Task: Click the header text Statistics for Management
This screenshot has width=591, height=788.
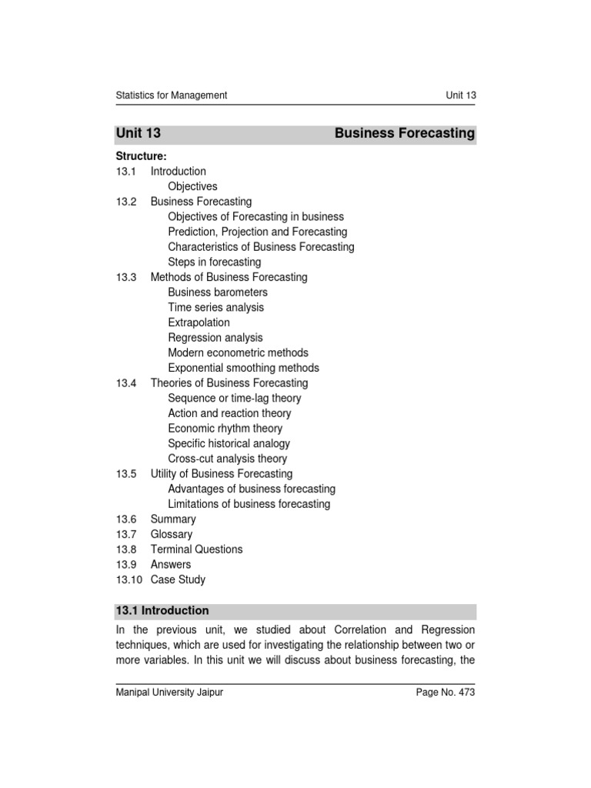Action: [171, 95]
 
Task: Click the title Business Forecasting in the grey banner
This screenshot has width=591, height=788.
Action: [405, 133]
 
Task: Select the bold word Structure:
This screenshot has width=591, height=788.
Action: [141, 156]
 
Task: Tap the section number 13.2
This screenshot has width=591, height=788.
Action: [126, 202]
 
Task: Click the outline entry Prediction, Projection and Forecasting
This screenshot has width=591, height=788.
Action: [257, 232]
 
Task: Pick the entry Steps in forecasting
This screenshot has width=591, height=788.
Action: [214, 262]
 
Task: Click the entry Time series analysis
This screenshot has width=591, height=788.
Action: [215, 307]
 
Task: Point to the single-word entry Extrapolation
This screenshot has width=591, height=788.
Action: [199, 322]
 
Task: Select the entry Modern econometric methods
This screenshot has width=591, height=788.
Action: [238, 352]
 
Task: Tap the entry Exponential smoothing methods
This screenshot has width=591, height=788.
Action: [243, 368]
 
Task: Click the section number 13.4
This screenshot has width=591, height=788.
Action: [126, 382]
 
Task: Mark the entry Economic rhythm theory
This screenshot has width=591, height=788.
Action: [225, 428]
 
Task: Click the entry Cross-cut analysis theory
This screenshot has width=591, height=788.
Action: [227, 459]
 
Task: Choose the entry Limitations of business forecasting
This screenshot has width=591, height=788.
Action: [249, 504]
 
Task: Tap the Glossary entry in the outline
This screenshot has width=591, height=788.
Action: [172, 534]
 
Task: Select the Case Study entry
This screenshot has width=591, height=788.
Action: [178, 579]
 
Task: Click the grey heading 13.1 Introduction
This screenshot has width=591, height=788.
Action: [162, 610]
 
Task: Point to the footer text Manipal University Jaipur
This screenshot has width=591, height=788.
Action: [169, 693]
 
